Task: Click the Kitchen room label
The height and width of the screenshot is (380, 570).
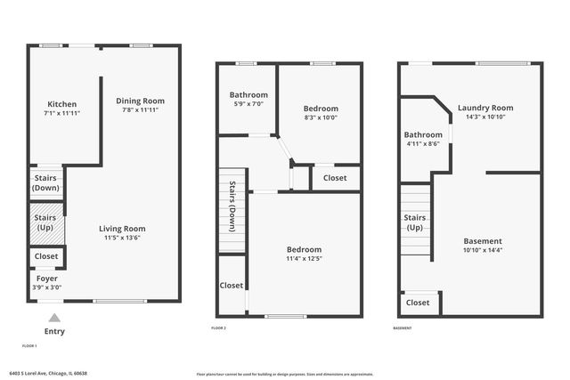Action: tap(61, 104)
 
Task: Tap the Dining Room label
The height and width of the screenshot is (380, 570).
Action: tap(141, 101)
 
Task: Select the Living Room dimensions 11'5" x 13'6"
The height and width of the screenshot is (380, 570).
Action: tap(121, 238)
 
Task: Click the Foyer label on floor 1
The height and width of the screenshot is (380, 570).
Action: tap(46, 278)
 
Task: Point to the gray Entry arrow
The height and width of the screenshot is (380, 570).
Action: tap(54, 318)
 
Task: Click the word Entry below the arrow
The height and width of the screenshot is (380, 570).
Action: tap(54, 331)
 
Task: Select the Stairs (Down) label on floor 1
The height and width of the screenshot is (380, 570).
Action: tap(45, 183)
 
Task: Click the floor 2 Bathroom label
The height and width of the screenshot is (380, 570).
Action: tap(248, 95)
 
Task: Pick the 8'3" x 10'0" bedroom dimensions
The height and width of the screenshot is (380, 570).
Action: tap(322, 117)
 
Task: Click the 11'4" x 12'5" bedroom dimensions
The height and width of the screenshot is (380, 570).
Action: tap(304, 259)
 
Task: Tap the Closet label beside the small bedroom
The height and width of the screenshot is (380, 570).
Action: tap(335, 178)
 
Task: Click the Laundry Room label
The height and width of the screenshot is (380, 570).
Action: tap(485, 108)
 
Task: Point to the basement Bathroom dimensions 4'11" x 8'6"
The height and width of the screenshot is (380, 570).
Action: tap(423, 144)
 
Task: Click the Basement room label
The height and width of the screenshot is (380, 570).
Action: tap(483, 241)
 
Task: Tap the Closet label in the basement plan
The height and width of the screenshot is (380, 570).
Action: tap(418, 303)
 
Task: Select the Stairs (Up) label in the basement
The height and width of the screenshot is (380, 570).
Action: tap(414, 222)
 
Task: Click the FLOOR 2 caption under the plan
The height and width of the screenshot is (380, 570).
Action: tap(219, 327)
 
